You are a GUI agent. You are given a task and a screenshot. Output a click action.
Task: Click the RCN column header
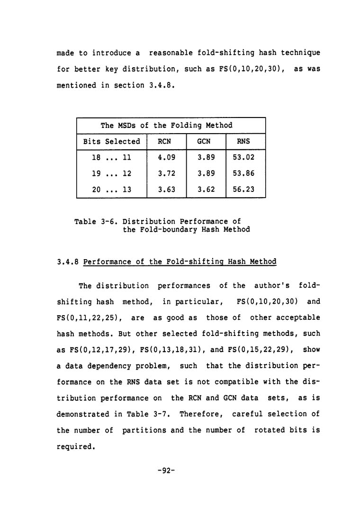(x=165, y=141)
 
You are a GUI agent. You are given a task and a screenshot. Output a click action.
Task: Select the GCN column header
(x=205, y=141)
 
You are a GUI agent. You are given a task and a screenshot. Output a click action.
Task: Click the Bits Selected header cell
(x=112, y=141)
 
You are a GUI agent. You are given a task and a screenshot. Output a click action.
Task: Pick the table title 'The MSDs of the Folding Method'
(x=166, y=125)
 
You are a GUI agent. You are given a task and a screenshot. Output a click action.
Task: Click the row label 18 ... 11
(x=112, y=157)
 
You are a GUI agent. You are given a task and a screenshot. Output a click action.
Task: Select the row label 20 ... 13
(x=112, y=190)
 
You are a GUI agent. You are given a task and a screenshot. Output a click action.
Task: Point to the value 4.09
(x=165, y=157)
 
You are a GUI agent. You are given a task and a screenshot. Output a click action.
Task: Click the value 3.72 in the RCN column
(x=165, y=173)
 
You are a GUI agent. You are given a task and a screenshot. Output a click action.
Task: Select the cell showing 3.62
(x=205, y=190)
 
